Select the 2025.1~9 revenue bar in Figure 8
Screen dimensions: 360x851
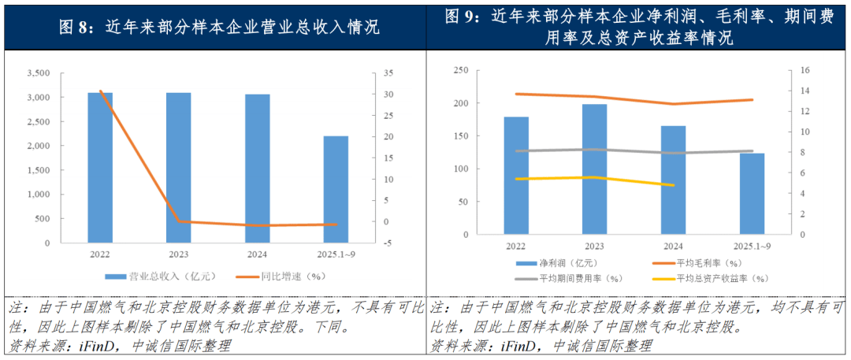click(x=336, y=189)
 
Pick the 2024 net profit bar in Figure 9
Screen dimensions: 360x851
click(x=673, y=180)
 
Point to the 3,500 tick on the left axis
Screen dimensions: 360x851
click(x=39, y=73)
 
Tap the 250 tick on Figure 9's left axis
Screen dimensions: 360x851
click(x=462, y=70)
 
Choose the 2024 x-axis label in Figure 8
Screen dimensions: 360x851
click(x=257, y=254)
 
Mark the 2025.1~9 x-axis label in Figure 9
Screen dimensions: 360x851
click(x=751, y=247)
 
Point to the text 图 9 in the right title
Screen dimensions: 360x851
click(x=463, y=16)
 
